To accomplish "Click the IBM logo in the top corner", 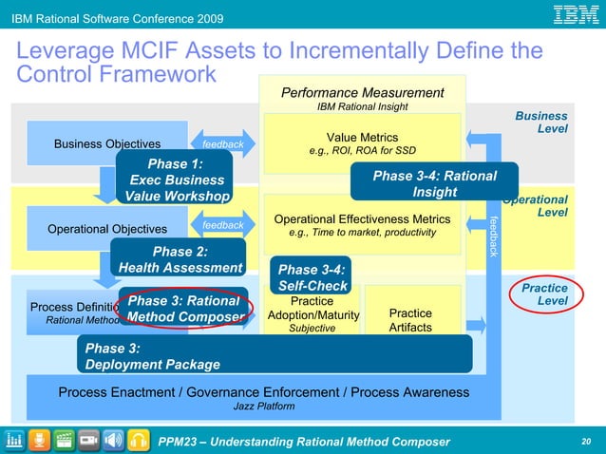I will (x=576, y=16).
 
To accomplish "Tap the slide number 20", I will (x=585, y=442).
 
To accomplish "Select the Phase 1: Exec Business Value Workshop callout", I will (x=177, y=180).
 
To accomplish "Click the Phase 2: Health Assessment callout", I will (x=180, y=259).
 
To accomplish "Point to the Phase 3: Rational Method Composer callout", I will (x=185, y=309).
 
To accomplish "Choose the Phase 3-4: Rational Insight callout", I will (x=434, y=184).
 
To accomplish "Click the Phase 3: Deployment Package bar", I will (x=275, y=356).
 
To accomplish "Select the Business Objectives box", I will (x=107, y=144).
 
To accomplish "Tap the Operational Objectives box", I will (x=107, y=229).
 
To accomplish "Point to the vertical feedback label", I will (x=493, y=236).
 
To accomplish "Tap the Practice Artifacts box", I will (x=410, y=320).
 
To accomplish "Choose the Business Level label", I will (x=541, y=122).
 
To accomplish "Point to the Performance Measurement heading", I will (x=362, y=93).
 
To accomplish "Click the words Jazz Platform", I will (x=263, y=407).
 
